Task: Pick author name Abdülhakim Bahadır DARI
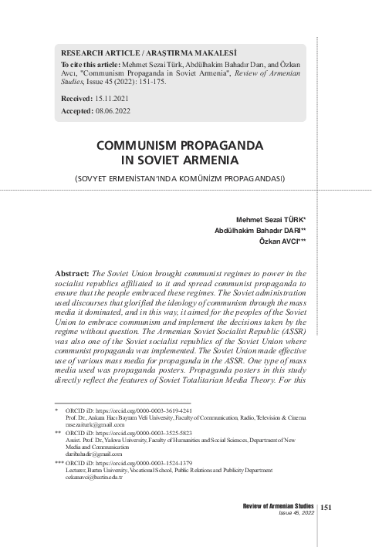259,230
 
